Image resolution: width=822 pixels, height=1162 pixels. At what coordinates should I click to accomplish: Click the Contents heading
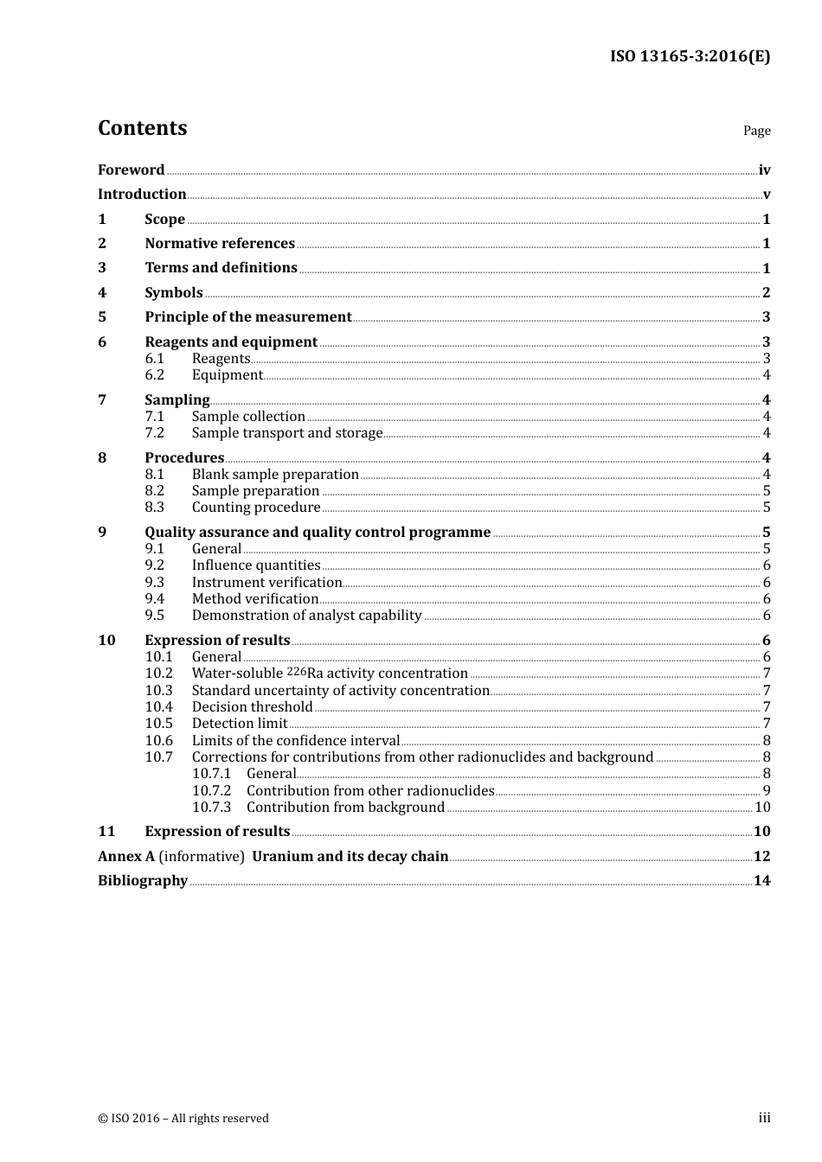pyautogui.click(x=142, y=128)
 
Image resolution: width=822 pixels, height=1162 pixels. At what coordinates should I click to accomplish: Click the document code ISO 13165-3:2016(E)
pyautogui.click(x=690, y=56)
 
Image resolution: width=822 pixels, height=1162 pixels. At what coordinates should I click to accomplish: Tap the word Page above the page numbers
pyautogui.click(x=756, y=131)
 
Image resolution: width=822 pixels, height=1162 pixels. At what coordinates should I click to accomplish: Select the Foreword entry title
pyautogui.click(x=131, y=170)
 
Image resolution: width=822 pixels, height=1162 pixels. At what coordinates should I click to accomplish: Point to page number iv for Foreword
pyautogui.click(x=764, y=170)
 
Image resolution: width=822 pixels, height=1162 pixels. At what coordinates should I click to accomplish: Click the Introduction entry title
pyautogui.click(x=142, y=195)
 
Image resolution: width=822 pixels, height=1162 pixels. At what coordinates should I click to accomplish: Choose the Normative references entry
pyautogui.click(x=220, y=244)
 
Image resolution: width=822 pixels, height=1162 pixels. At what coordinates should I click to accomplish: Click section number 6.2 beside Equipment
pyautogui.click(x=154, y=375)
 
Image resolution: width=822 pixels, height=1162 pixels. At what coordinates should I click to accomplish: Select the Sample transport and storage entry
pyautogui.click(x=286, y=433)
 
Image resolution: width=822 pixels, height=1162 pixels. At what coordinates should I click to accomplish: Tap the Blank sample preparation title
pyautogui.click(x=275, y=475)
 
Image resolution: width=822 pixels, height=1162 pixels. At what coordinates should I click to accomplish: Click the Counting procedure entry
pyautogui.click(x=256, y=508)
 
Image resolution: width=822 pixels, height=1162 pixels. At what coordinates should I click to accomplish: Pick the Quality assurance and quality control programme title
pyautogui.click(x=318, y=533)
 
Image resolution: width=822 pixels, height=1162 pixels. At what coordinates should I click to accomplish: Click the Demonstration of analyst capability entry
pyautogui.click(x=306, y=616)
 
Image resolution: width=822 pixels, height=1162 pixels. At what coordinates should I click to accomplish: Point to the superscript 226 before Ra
pyautogui.click(x=296, y=671)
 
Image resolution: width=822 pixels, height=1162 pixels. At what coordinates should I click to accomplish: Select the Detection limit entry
pyautogui.click(x=240, y=724)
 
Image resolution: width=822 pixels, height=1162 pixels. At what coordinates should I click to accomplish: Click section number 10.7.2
pyautogui.click(x=211, y=791)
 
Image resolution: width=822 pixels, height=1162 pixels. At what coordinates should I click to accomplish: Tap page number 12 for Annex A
pyautogui.click(x=761, y=857)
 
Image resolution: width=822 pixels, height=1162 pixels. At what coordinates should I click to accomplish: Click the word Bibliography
pyautogui.click(x=143, y=881)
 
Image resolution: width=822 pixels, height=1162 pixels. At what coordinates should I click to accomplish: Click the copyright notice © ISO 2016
pyautogui.click(x=183, y=1119)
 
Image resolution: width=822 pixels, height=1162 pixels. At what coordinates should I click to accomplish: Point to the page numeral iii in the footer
pyautogui.click(x=764, y=1118)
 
